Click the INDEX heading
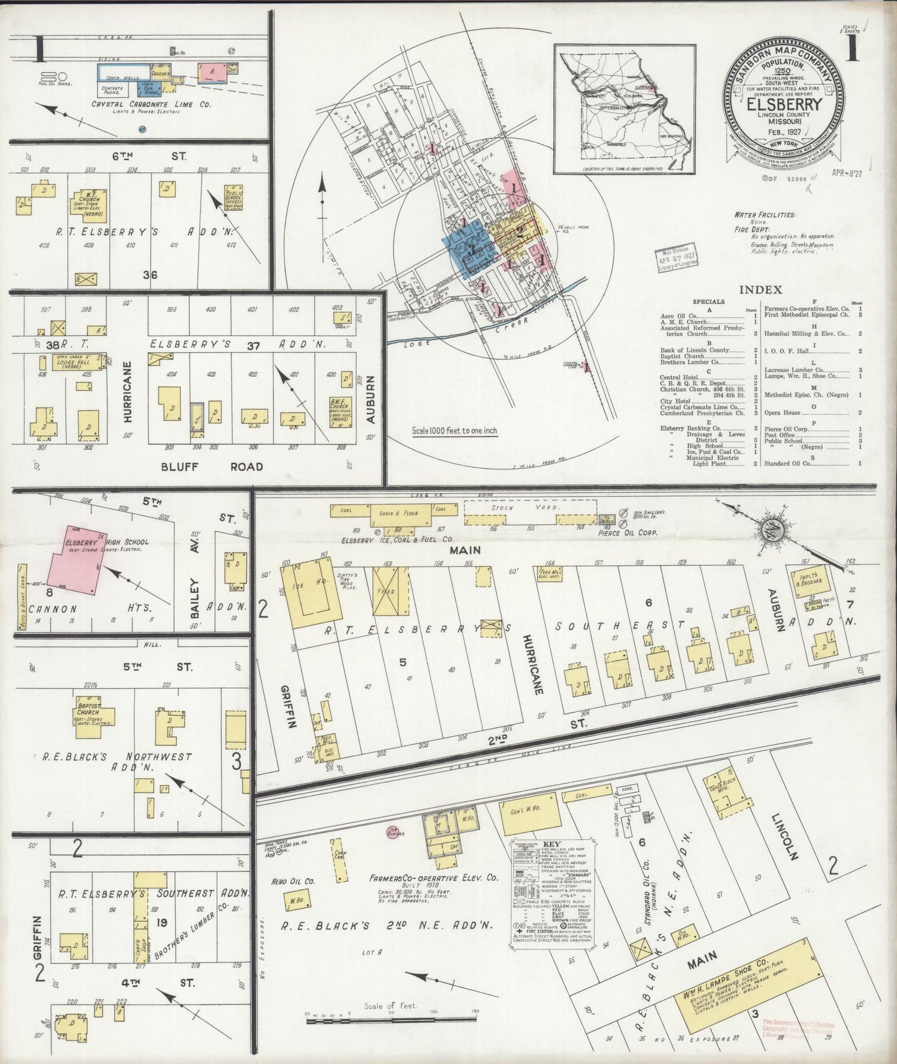point(760,290)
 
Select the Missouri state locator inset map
point(624,109)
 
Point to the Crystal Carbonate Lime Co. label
point(151,104)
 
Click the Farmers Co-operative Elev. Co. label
point(433,878)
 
